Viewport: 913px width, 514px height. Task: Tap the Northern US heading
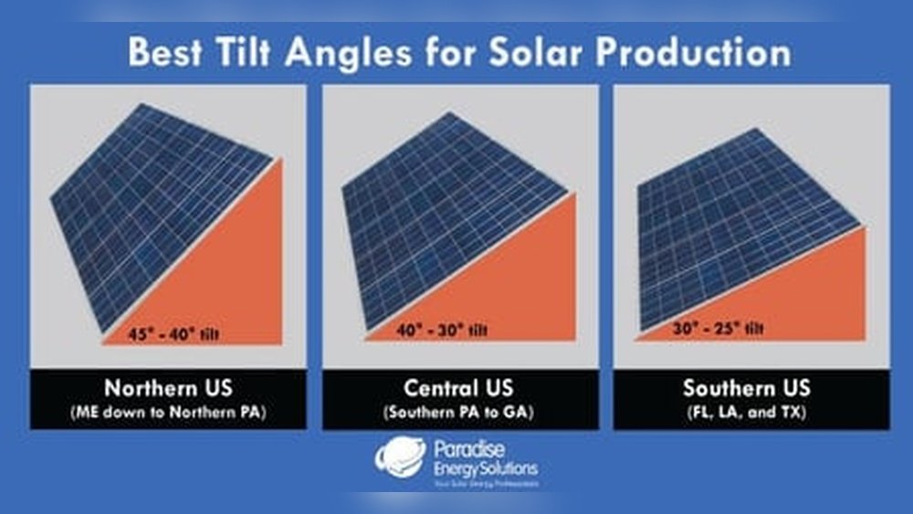(x=168, y=387)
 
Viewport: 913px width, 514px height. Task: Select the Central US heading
(x=459, y=387)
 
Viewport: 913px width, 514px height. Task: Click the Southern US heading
(x=746, y=387)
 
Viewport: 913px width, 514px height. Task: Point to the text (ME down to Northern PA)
(x=168, y=412)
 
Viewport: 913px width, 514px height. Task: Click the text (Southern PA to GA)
(x=459, y=412)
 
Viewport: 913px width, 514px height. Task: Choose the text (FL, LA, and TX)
(x=746, y=412)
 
